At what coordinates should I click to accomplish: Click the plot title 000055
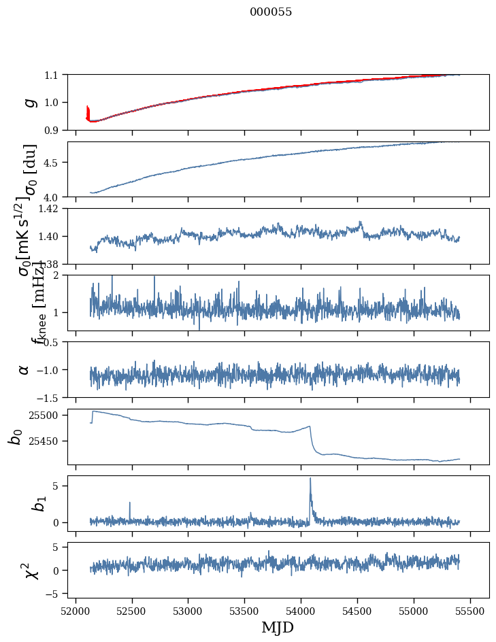tap(271, 12)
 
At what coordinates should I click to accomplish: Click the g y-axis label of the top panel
tap(29, 102)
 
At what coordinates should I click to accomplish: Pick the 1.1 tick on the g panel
tap(52, 74)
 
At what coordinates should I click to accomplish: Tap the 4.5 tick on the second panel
tap(52, 163)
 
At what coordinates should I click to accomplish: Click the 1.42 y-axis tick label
tap(49, 208)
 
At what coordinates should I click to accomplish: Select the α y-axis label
tap(24, 369)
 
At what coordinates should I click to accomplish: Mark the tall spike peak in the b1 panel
tap(310, 478)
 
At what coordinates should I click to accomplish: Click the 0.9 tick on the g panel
tap(52, 130)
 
